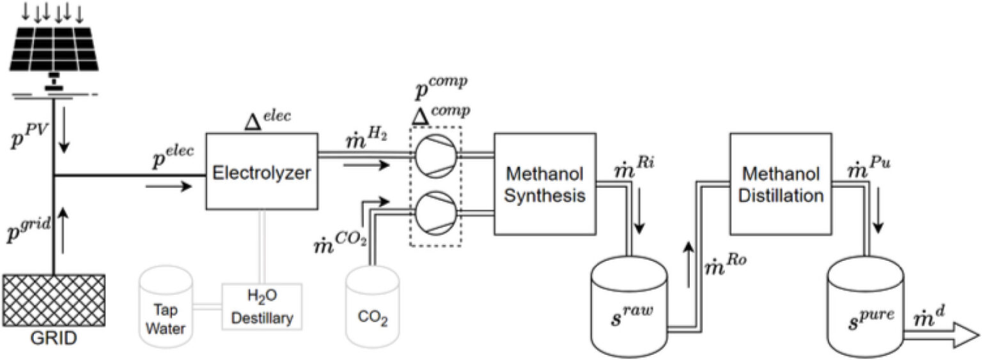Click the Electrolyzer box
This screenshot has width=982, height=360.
tap(261, 171)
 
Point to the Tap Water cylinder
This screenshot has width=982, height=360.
tap(165, 306)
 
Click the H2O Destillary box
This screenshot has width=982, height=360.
tap(261, 306)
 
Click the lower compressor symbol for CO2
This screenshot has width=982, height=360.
tap(435, 208)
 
